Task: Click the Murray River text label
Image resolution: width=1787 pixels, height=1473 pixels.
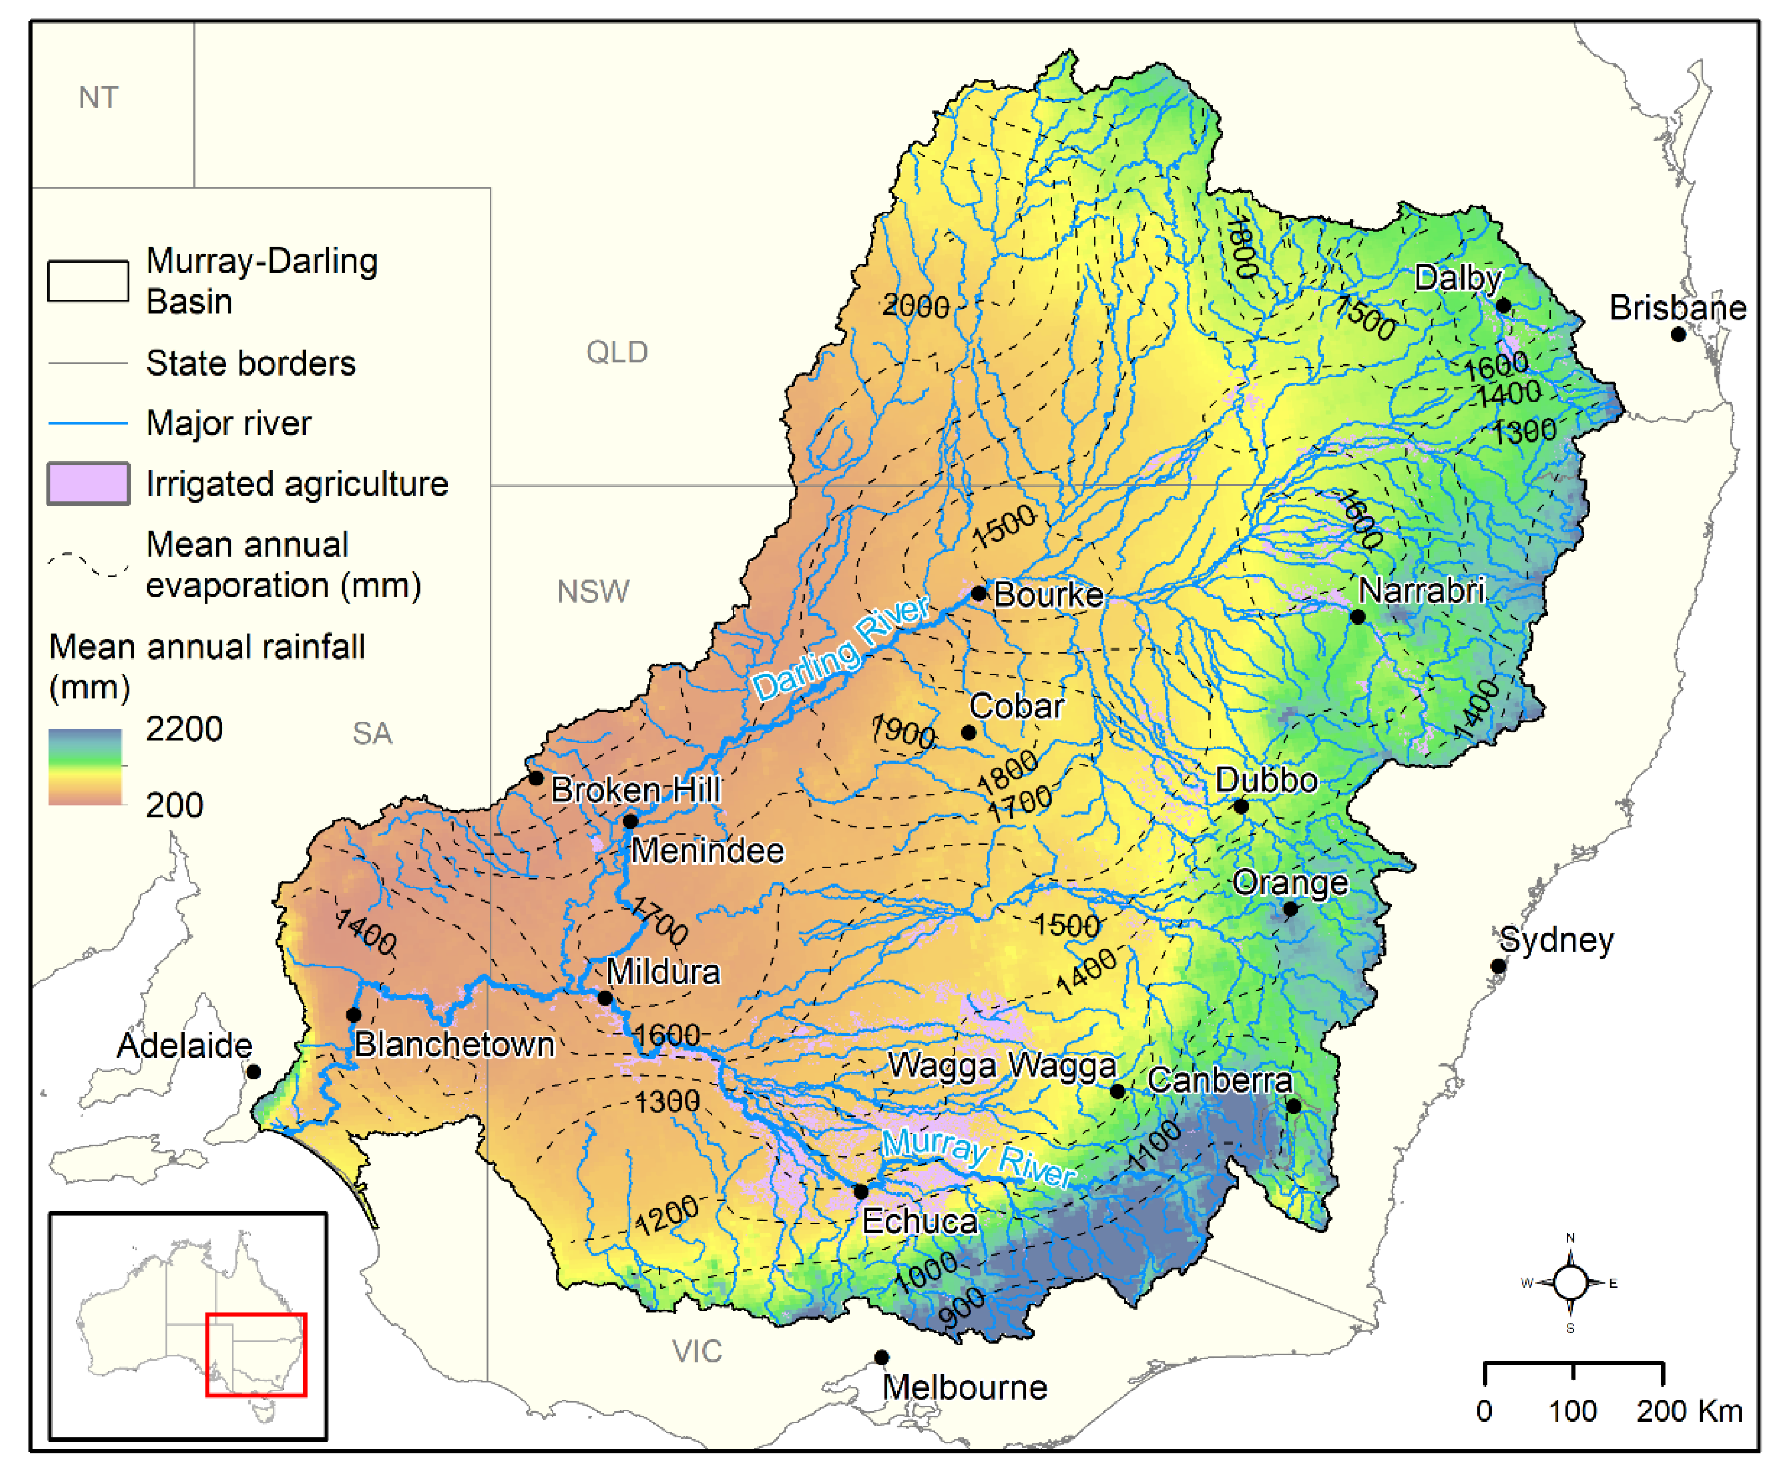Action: click(x=978, y=1158)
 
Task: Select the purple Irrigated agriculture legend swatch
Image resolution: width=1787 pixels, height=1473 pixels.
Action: click(x=88, y=483)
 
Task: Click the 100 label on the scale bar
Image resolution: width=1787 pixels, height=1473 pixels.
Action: click(x=1572, y=1411)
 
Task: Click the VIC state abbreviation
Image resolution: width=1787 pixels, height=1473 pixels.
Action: click(x=696, y=1351)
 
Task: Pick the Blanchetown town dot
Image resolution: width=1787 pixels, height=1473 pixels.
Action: click(x=354, y=1014)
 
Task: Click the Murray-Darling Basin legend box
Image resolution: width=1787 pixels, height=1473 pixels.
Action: click(x=88, y=281)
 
